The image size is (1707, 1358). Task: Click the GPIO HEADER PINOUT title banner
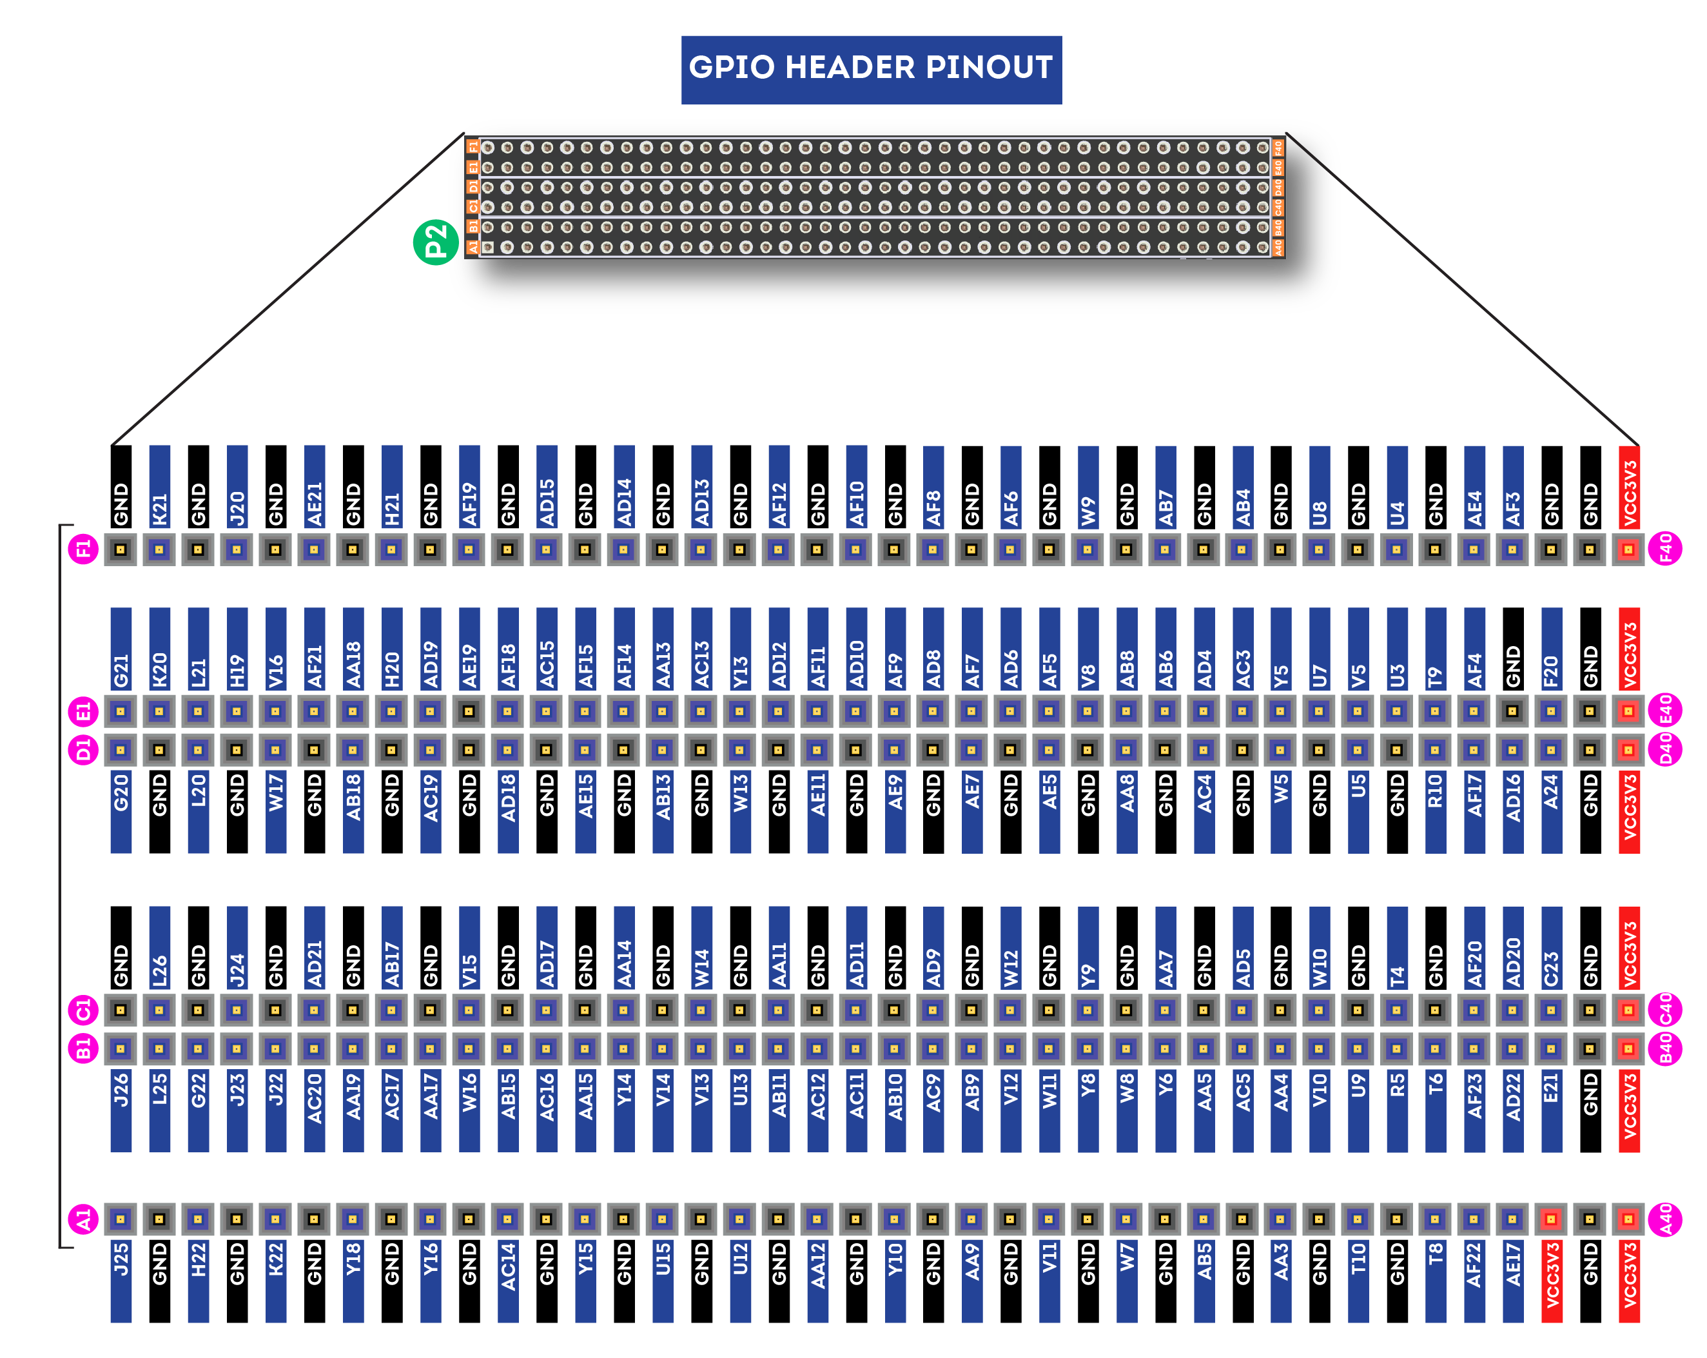871,69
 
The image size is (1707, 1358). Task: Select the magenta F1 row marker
83,549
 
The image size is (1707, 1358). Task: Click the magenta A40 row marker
1665,1219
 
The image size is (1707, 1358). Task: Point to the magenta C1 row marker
83,1010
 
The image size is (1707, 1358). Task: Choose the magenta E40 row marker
1665,711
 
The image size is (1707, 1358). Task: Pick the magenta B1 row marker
83,1049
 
